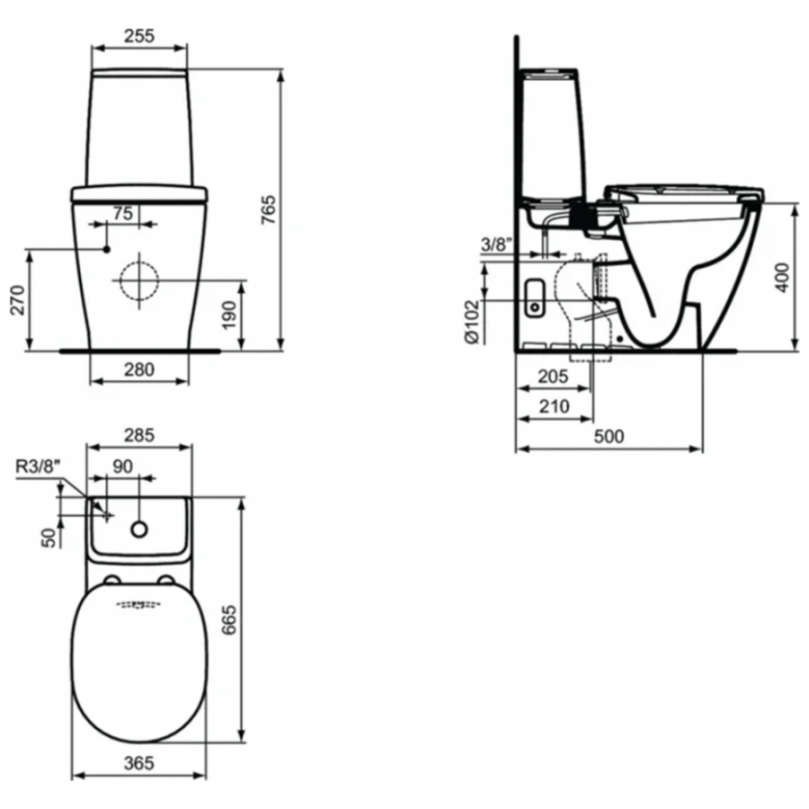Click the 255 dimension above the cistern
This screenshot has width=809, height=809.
(139, 36)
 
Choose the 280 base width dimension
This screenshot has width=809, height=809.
(139, 369)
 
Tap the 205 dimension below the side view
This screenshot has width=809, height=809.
(554, 378)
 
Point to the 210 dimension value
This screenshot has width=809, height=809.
(554, 407)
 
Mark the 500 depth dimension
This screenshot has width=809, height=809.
(609, 436)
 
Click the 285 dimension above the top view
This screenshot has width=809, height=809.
(138, 435)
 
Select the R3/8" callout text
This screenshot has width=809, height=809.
(39, 466)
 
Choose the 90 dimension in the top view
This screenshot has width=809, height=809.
(123, 467)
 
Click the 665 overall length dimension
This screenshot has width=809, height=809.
(229, 620)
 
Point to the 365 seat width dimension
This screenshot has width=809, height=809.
(138, 763)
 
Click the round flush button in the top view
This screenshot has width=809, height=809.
(138, 529)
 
